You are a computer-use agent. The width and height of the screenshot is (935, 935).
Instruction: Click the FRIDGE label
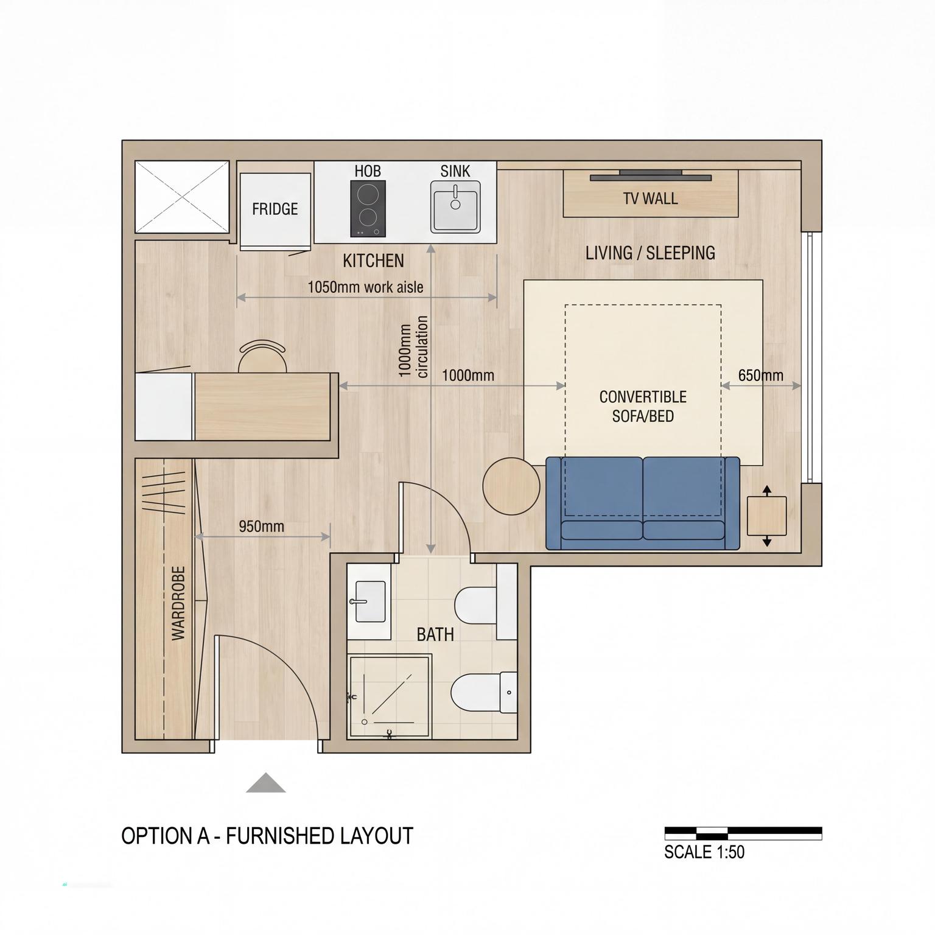(275, 209)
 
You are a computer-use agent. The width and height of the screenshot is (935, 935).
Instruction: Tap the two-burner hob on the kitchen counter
(368, 209)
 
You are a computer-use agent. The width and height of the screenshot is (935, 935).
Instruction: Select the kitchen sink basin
(455, 207)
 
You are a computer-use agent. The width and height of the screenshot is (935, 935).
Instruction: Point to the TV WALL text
(650, 198)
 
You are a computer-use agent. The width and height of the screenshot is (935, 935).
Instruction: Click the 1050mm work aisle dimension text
(365, 287)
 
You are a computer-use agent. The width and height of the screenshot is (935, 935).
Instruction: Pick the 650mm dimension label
(761, 375)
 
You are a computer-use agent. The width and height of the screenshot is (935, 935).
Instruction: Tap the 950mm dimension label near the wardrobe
(261, 526)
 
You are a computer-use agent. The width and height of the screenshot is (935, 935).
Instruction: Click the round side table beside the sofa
(511, 486)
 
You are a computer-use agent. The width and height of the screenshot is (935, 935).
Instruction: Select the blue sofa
(643, 503)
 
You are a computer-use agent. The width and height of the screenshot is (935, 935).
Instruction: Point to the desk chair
(262, 356)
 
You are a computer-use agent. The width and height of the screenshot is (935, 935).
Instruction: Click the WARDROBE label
(178, 603)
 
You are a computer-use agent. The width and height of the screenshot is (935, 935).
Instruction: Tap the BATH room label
(435, 635)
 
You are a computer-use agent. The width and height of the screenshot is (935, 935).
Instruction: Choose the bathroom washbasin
(369, 601)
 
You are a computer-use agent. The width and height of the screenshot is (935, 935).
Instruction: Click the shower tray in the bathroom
(390, 696)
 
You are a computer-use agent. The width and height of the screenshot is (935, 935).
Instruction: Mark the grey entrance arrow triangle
(266, 783)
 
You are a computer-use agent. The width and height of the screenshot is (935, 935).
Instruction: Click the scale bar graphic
(743, 833)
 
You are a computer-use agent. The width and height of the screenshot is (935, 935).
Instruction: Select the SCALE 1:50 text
(704, 852)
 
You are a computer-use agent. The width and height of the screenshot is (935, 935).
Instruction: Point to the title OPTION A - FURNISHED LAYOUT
(267, 836)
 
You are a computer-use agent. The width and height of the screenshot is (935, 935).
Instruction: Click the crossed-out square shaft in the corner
(182, 197)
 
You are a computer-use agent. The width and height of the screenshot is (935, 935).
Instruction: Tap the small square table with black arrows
(766, 516)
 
